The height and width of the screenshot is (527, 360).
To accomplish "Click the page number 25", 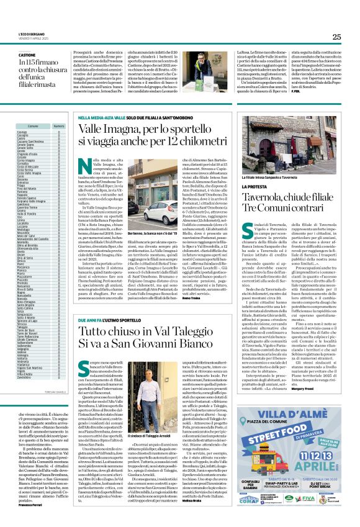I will click(x=336, y=37).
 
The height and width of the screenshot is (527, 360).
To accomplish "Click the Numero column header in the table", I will click(x=59, y=126).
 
